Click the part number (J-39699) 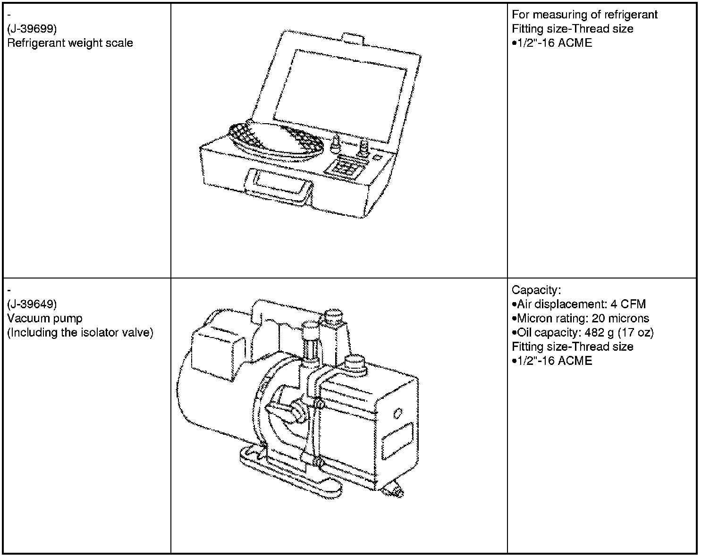32,29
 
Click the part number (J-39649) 32,304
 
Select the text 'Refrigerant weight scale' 70,43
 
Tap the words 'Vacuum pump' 45,319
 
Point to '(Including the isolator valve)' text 80,333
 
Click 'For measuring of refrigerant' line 584,15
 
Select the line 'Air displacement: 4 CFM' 579,304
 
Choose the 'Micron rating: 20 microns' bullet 580,319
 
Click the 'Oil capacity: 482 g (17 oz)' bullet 583,333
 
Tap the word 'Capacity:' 536,290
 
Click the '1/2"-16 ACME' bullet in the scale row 552,43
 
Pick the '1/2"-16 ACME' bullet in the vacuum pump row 552,361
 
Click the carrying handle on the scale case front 278,186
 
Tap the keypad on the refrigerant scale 347,165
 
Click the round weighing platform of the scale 276,138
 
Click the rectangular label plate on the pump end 397,441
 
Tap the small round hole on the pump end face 397,413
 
